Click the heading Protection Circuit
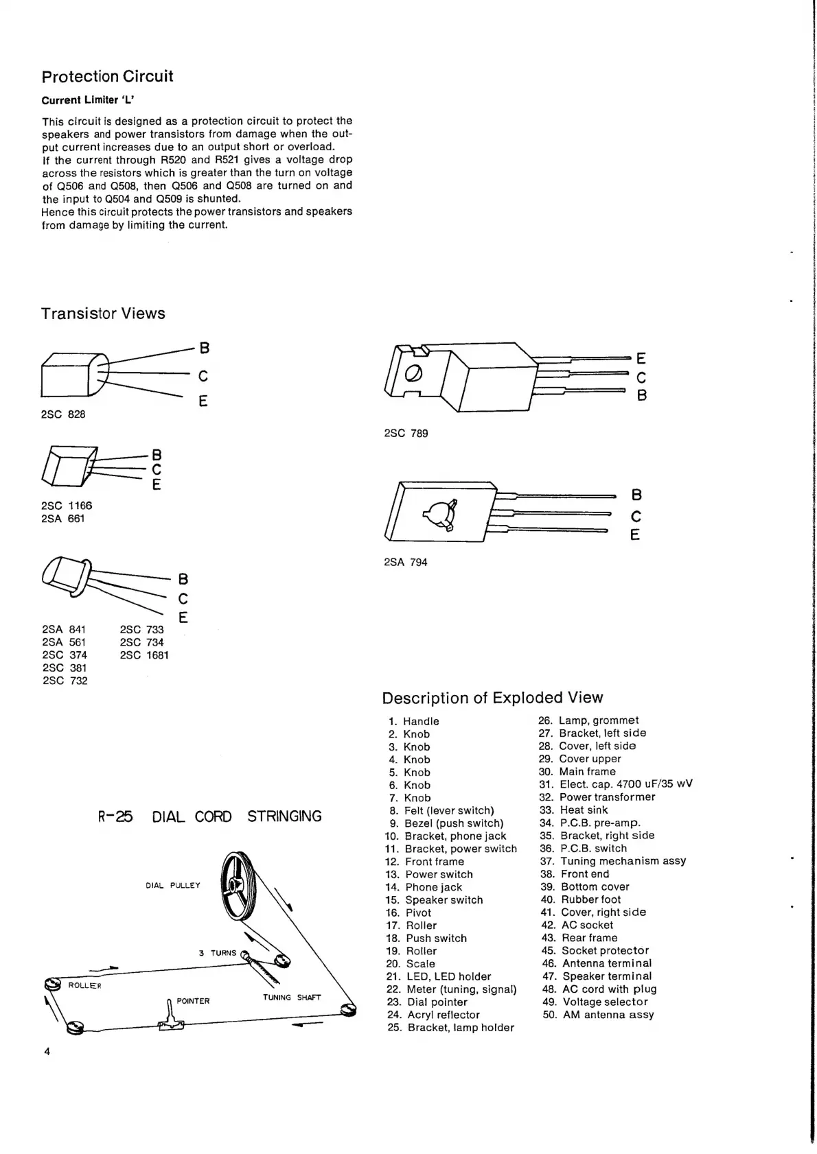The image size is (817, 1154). click(107, 76)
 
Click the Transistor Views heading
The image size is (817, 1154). click(103, 314)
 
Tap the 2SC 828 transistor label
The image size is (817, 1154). click(63, 414)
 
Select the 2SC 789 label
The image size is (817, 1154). click(406, 433)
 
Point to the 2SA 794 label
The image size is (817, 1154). click(405, 562)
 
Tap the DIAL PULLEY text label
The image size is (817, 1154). click(173, 885)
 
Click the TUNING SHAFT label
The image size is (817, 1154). click(292, 997)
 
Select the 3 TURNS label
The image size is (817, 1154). click(217, 953)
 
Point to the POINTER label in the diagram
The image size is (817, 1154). click(193, 1001)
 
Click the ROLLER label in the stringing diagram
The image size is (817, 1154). click(84, 986)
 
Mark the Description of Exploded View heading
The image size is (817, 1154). click(492, 698)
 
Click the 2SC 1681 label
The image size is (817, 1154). click(144, 655)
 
